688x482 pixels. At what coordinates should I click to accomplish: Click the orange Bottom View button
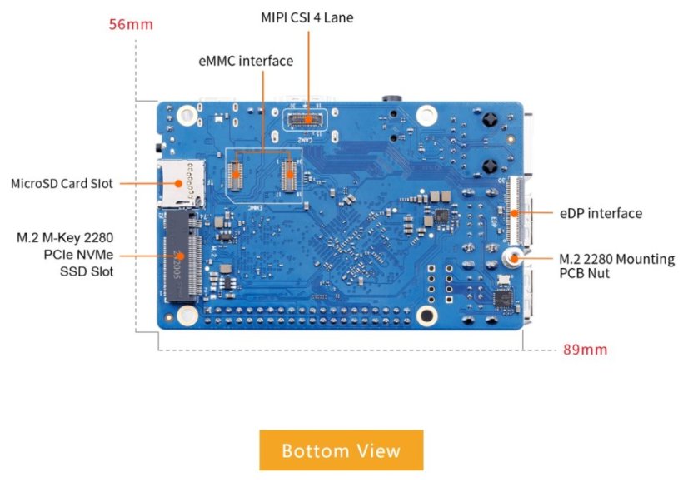tap(341, 450)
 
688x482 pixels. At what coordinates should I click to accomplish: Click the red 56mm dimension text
tap(131, 24)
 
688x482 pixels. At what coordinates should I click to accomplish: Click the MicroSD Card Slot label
tap(61, 183)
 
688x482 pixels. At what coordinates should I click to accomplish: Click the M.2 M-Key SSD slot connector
tap(183, 250)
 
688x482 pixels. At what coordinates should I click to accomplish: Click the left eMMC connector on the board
tap(236, 176)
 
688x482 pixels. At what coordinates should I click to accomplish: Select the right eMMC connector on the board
tap(290, 176)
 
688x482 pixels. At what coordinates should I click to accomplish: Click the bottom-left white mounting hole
tap(186, 314)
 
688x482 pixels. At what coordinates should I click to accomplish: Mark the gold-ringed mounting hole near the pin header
tap(427, 315)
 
